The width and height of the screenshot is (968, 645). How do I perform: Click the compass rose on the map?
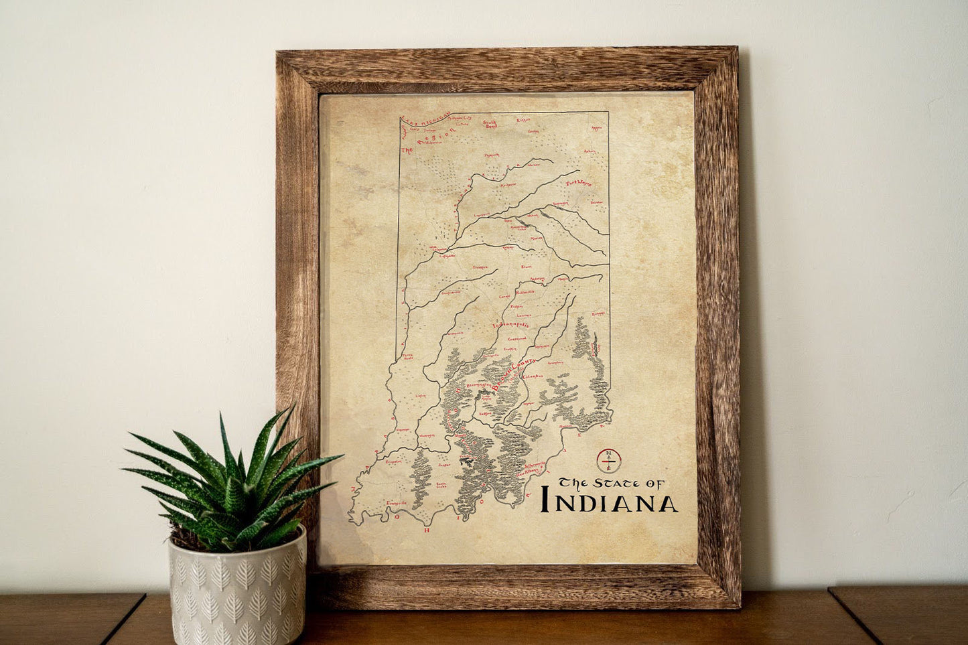tap(609, 459)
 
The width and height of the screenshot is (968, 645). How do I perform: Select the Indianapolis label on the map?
tap(511, 326)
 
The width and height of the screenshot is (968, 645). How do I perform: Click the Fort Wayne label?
tap(579, 182)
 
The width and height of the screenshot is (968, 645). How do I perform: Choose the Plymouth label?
tap(492, 154)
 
